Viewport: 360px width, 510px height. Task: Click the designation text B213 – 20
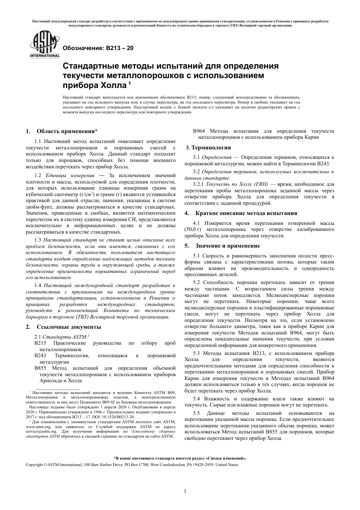[x=97, y=48]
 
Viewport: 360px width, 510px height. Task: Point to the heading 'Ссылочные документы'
[x=69, y=327]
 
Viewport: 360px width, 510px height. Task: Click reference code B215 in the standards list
[x=40, y=343]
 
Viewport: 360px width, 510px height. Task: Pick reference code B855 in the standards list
[x=40, y=368]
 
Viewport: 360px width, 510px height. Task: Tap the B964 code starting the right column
[x=199, y=131]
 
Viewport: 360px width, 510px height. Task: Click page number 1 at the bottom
[x=185, y=491]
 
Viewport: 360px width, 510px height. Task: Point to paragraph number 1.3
[x=38, y=240]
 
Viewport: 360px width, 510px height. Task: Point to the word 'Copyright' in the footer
[x=34, y=464]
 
